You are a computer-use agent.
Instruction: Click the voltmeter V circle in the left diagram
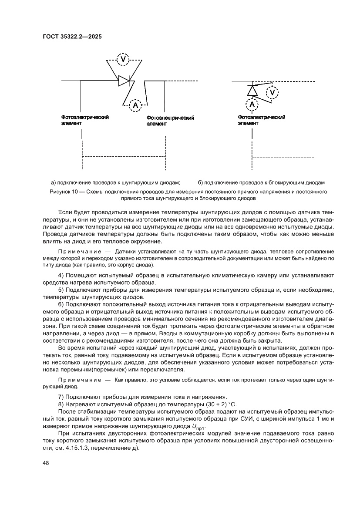[x=123, y=59]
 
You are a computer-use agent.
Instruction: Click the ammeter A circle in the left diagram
[x=135, y=105]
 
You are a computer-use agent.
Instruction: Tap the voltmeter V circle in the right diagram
[x=273, y=92]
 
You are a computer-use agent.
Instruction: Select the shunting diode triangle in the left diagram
[x=124, y=81]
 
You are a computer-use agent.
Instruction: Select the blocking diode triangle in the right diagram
[x=252, y=91]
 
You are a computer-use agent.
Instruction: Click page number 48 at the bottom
[x=45, y=463]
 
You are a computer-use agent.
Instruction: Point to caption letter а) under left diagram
[x=54, y=182]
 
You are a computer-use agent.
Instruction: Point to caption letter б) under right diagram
[x=200, y=182]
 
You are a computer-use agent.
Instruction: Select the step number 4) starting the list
[x=61, y=275]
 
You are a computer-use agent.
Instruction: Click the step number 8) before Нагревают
[x=61, y=405]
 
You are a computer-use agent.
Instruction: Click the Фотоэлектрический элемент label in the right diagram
[x=262, y=120]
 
